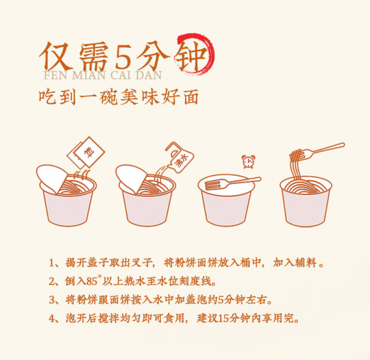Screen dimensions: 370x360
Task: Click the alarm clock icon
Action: click(x=249, y=162)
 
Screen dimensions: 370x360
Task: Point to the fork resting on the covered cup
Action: click(x=233, y=183)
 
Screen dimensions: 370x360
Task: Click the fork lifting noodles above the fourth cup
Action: click(x=317, y=152)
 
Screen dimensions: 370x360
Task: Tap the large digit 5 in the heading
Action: click(x=123, y=57)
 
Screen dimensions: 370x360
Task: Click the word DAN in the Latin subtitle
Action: click(x=149, y=75)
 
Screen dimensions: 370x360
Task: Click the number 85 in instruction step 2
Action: click(x=92, y=282)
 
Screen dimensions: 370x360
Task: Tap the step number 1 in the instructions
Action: click(x=51, y=263)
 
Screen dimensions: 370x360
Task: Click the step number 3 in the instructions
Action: click(x=52, y=300)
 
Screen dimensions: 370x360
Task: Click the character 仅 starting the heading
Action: click(x=55, y=57)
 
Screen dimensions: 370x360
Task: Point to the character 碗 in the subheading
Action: click(x=108, y=97)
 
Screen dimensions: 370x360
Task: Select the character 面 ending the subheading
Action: click(x=191, y=97)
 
